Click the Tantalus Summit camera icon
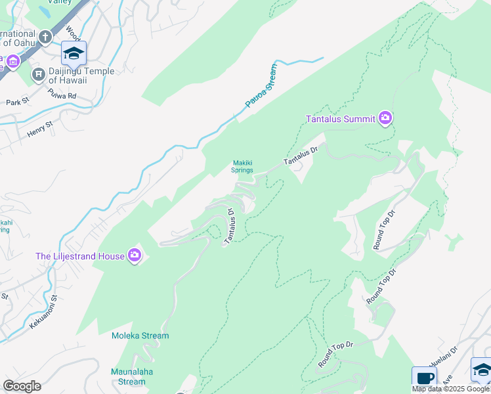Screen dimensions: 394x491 pos(385,118)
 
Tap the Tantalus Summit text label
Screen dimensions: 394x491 pos(340,119)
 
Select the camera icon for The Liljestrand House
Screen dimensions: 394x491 pos(135,255)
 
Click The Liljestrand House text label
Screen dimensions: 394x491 pos(80,256)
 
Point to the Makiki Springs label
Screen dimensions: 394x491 pos(242,167)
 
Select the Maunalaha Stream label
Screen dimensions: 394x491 pos(128,377)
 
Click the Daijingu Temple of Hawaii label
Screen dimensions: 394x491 pos(81,76)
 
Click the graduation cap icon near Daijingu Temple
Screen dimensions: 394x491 pos(74,53)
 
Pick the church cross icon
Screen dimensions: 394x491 pos(45,37)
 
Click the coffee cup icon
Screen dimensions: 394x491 pos(424,378)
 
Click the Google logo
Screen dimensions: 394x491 pos(22,386)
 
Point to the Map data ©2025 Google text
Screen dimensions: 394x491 pos(450,389)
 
